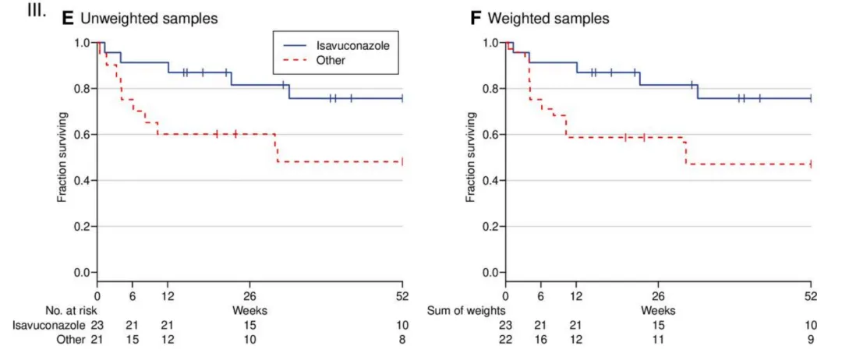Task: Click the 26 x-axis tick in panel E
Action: click(x=249, y=296)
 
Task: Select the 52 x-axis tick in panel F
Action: click(x=811, y=296)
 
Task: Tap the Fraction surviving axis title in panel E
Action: click(x=62, y=157)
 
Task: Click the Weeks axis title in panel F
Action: click(x=659, y=310)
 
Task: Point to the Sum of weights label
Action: click(x=462, y=310)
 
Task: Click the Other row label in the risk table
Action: click(x=72, y=340)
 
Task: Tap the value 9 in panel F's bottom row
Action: click(x=811, y=340)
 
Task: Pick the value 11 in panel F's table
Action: click(x=658, y=340)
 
